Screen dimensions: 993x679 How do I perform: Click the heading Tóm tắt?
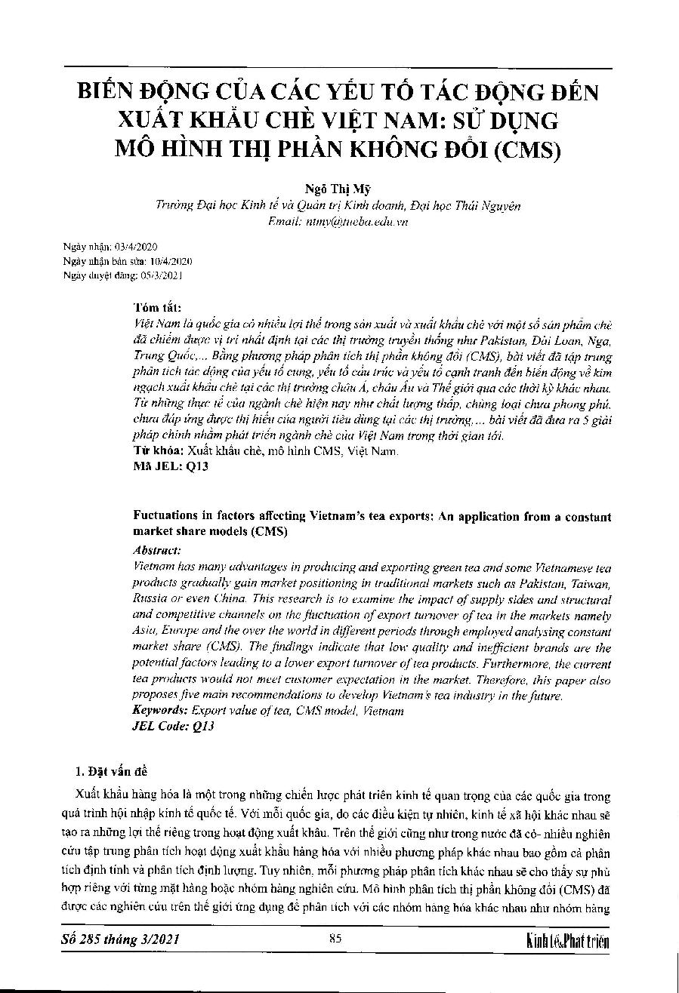pos(157,309)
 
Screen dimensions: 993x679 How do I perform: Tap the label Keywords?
pos(160,711)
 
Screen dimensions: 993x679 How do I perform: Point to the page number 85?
pos(336,939)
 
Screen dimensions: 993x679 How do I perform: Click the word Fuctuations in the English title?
pos(167,517)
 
